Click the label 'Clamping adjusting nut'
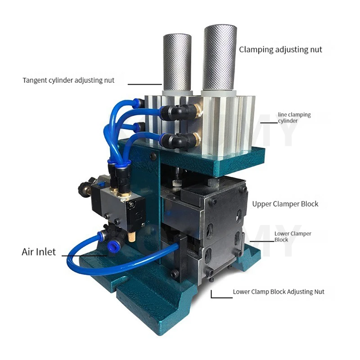280,49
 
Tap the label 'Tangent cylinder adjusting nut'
68,81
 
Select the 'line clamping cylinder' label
294,118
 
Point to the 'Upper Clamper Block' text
285,204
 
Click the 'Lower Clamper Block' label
292,237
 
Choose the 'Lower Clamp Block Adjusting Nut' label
278,292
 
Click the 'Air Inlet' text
39,252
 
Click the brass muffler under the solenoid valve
131,234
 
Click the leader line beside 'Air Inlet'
83,256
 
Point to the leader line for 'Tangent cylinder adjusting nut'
144,84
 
